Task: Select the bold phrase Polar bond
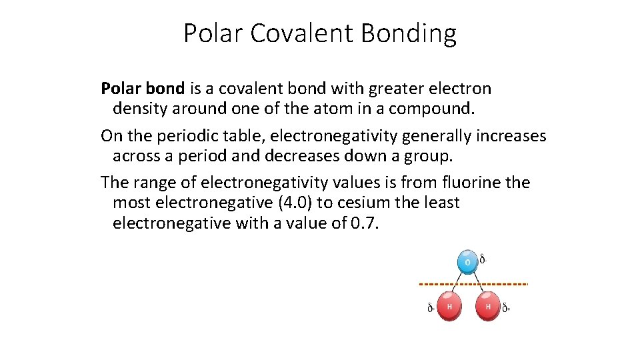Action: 143,88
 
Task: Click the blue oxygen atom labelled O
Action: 467,262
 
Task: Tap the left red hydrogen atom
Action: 449,306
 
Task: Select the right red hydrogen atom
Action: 488,306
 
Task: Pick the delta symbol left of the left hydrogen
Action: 431,308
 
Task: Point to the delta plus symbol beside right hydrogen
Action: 506,308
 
